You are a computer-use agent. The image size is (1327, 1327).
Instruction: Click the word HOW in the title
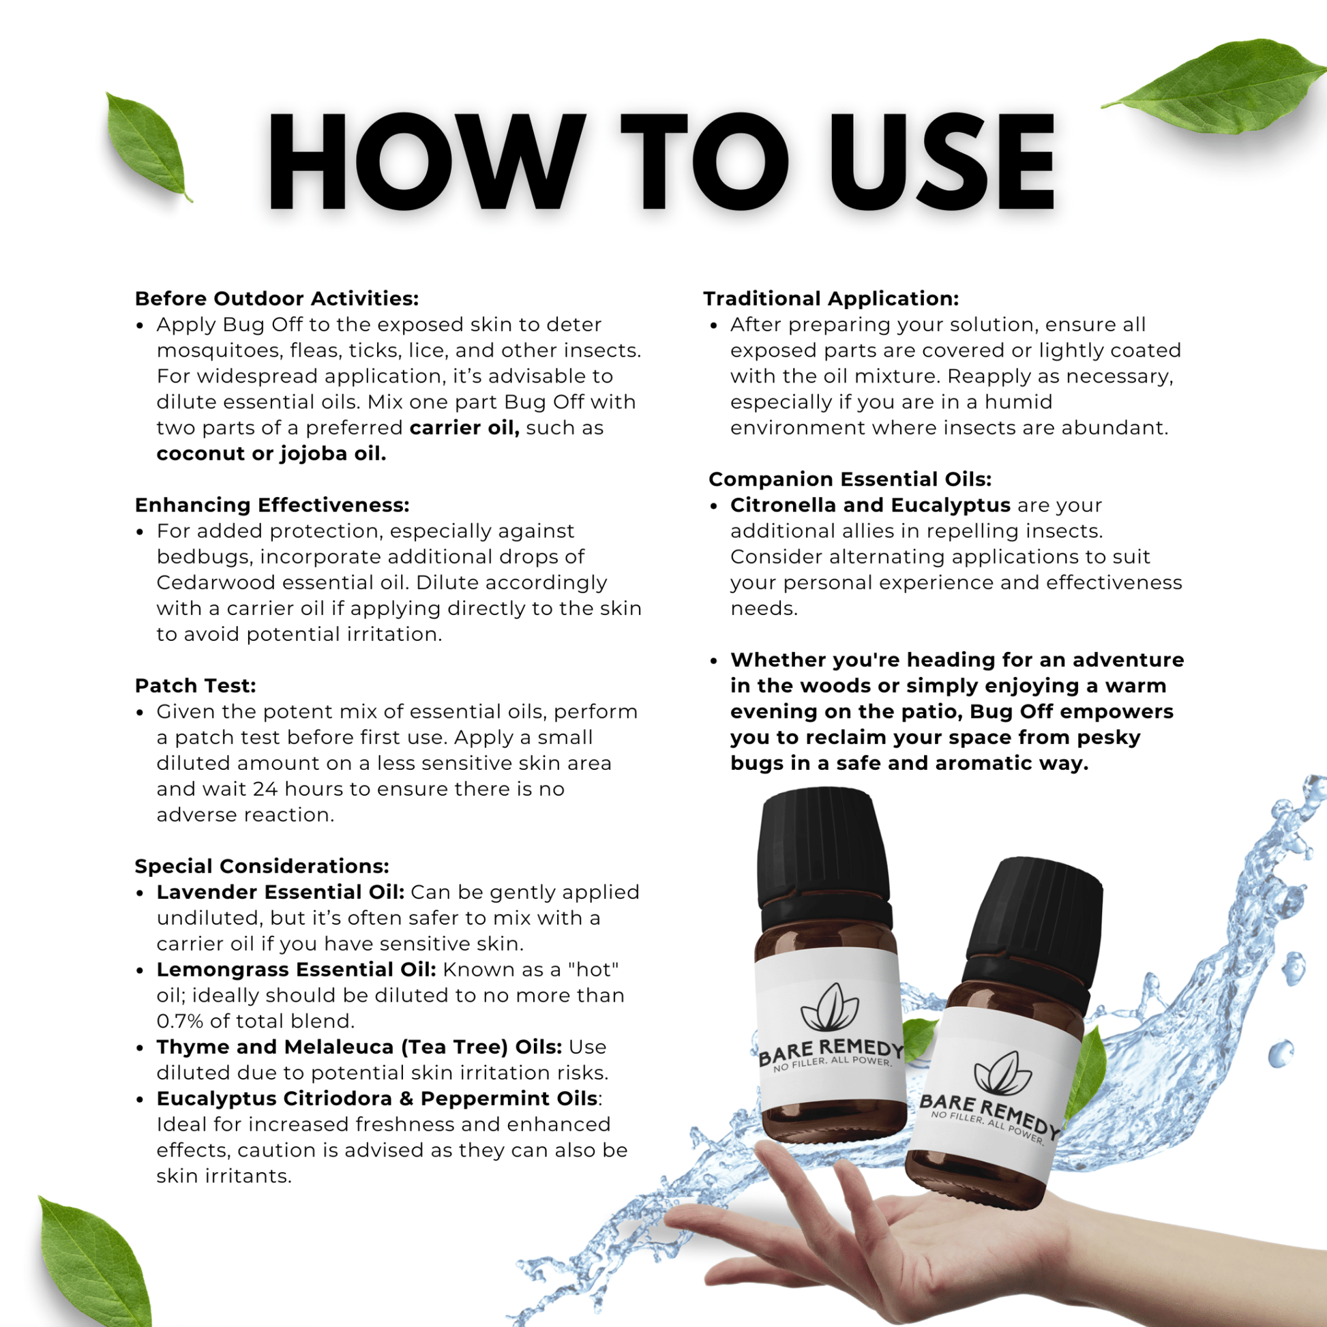pos(426,162)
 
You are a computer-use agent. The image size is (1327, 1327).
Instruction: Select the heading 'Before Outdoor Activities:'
pos(276,299)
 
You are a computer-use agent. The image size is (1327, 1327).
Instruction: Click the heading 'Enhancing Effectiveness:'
pos(272,505)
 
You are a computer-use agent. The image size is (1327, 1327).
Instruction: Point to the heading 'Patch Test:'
pos(195,685)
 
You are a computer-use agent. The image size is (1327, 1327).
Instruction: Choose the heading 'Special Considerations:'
pos(262,866)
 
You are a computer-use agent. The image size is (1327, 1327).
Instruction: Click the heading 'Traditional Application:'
pos(831,299)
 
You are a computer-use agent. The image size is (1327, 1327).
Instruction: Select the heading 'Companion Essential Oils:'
pos(850,479)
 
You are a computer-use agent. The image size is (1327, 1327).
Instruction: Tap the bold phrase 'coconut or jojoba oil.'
pos(271,453)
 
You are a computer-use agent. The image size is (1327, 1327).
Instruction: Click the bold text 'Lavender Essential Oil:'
pos(280,892)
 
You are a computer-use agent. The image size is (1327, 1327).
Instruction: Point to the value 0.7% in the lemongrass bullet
pos(179,1022)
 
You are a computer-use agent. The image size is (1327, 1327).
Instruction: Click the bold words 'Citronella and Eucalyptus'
pos(869,505)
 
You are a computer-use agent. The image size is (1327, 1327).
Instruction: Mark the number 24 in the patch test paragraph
pos(265,789)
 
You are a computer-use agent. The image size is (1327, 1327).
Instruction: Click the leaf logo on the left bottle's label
pos(829,1009)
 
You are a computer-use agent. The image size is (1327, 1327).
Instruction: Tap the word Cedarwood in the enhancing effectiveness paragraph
pos(215,582)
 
